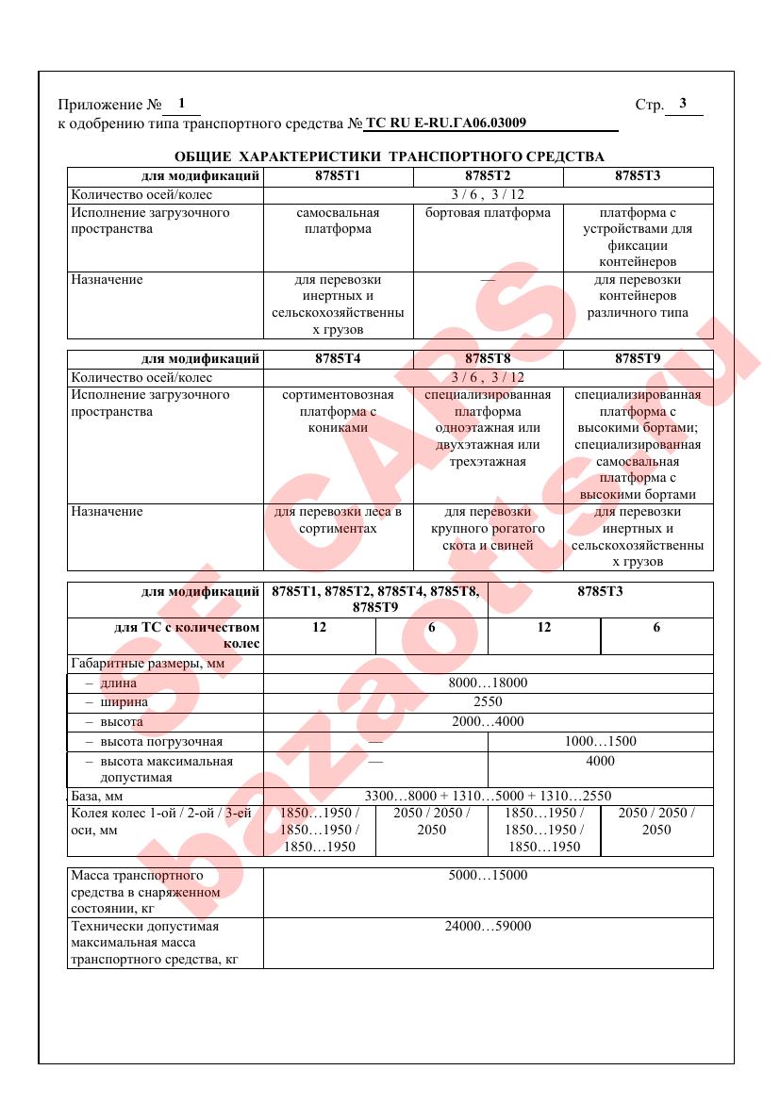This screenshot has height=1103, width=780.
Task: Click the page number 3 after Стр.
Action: point(683,104)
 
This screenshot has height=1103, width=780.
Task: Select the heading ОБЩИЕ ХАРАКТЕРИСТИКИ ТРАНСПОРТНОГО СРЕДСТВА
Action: point(390,156)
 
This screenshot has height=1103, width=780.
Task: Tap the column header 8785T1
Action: point(337,176)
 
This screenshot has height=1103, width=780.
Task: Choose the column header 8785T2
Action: point(488,176)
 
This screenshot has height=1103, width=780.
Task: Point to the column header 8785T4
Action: point(337,358)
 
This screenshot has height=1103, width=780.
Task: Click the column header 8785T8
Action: point(488,358)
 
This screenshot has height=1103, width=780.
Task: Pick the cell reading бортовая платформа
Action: point(488,213)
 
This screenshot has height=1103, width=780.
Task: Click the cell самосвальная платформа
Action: point(337,221)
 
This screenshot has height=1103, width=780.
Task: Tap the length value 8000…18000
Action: point(488,683)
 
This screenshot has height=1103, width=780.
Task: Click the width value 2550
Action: point(488,702)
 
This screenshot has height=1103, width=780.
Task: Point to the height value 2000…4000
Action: point(488,722)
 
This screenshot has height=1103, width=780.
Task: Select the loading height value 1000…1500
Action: point(600,741)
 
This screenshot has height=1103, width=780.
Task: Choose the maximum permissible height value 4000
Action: point(600,761)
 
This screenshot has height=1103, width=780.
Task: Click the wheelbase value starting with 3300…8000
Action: point(488,797)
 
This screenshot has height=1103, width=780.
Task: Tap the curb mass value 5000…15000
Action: point(488,876)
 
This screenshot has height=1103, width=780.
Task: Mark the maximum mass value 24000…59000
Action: point(488,927)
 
